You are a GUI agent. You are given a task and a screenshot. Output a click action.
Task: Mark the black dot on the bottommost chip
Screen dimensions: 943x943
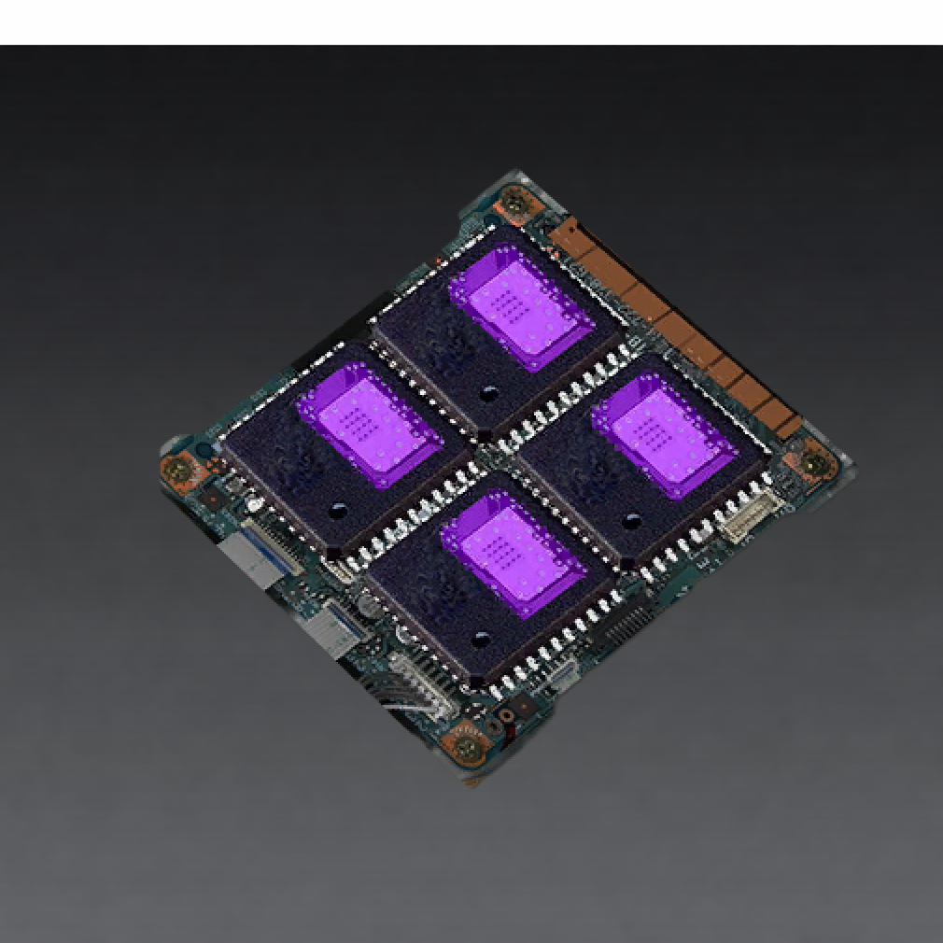481,640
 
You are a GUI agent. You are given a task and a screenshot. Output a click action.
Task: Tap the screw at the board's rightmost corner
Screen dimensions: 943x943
813,462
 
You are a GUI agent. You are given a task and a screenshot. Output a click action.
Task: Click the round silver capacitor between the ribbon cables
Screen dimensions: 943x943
367,607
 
